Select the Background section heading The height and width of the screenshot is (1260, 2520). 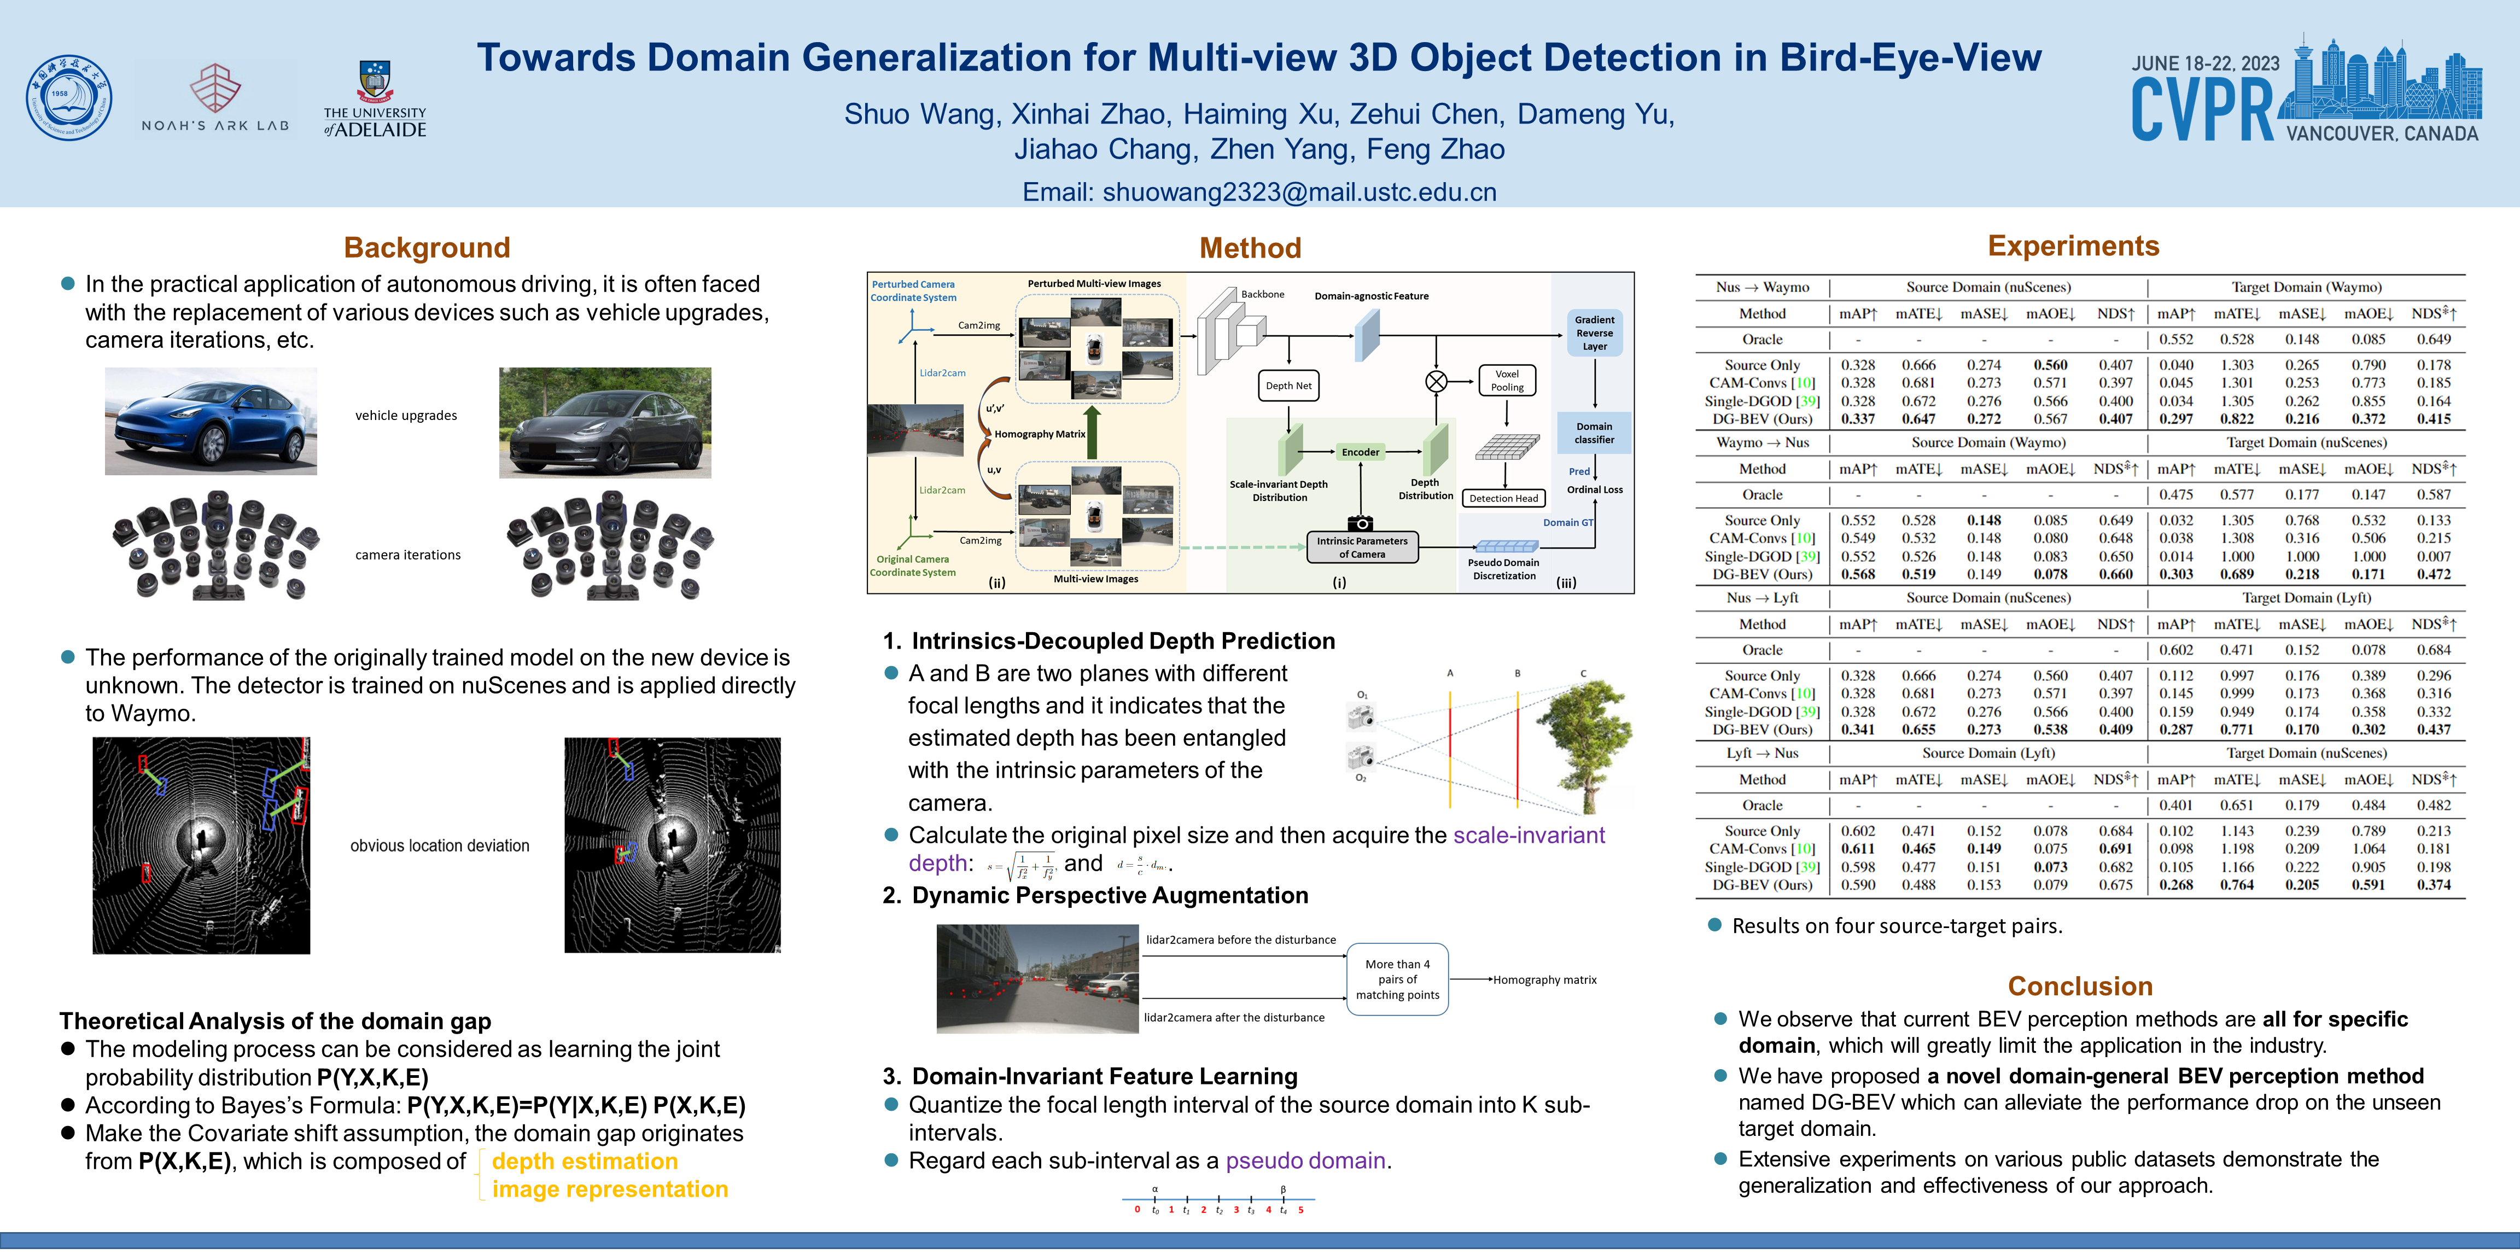(x=427, y=248)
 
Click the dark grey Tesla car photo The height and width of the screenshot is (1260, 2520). (x=604, y=423)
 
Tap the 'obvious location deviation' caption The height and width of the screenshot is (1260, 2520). (x=439, y=845)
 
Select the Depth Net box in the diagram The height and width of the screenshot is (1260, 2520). (x=1288, y=386)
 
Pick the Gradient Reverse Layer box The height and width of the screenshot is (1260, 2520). (x=1595, y=332)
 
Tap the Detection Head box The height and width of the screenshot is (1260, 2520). (x=1503, y=498)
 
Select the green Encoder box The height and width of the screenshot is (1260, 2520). (x=1360, y=452)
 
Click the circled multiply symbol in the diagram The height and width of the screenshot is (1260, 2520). (x=1436, y=382)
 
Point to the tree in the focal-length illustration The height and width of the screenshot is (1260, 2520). (x=1590, y=744)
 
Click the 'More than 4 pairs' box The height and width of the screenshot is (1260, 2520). (x=1397, y=979)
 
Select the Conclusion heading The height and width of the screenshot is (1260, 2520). (x=2080, y=986)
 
